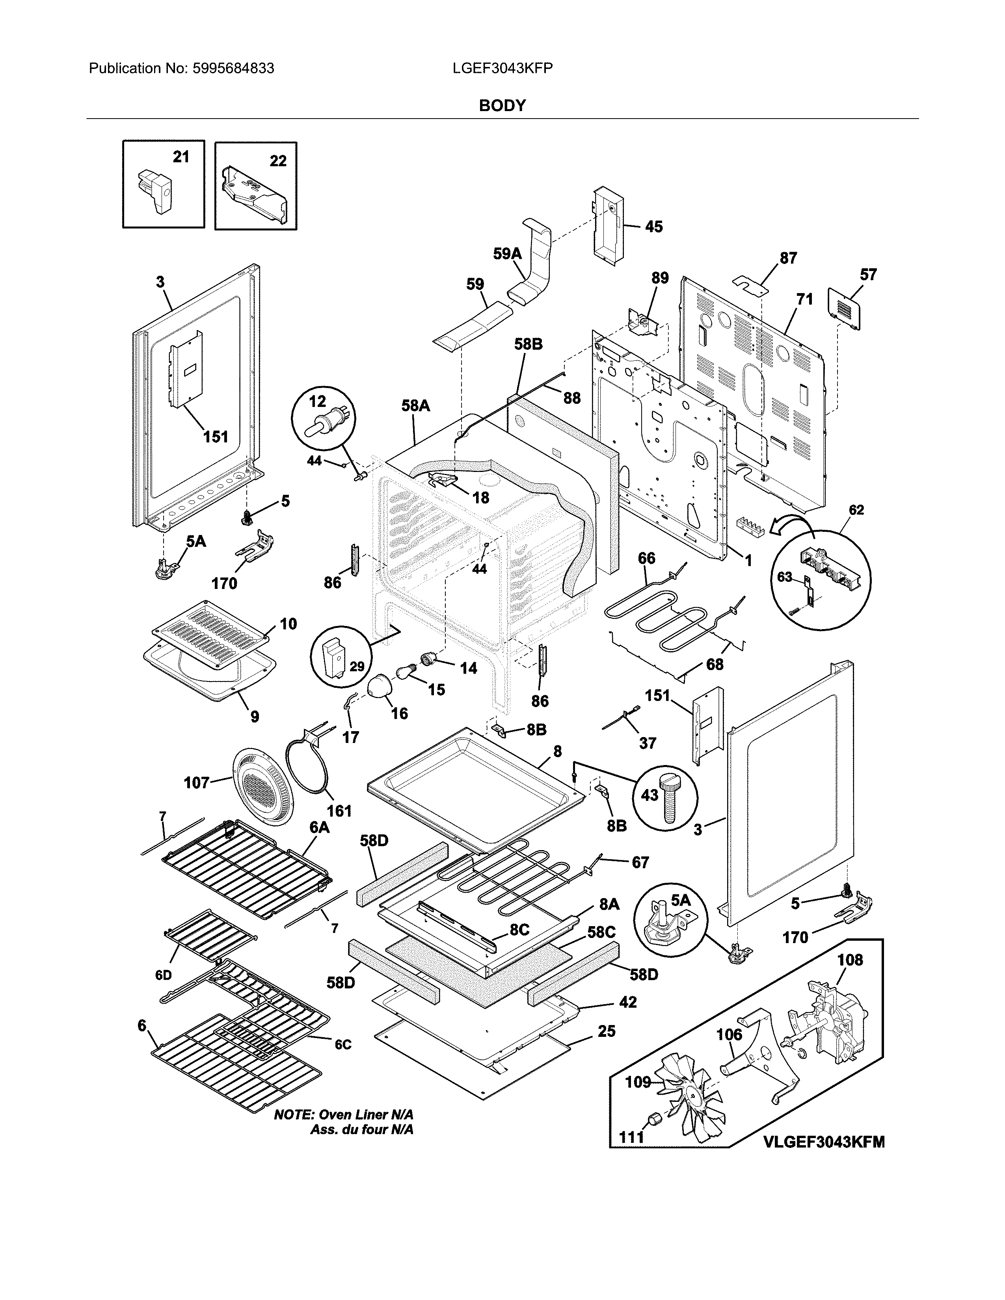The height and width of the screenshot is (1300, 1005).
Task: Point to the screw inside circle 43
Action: click(x=667, y=798)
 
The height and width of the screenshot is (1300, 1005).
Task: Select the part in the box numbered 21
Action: click(x=154, y=191)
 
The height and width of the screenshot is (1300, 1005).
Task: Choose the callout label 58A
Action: click(x=415, y=406)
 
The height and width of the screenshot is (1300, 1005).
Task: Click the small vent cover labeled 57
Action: click(x=845, y=308)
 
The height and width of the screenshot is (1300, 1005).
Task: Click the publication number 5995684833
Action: click(x=233, y=69)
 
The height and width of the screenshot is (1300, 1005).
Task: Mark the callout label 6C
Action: click(x=342, y=1045)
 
